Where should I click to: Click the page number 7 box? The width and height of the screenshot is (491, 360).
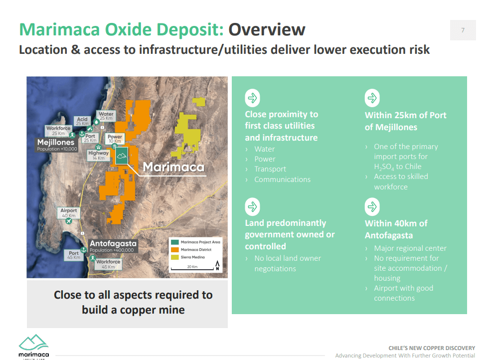coord(463,30)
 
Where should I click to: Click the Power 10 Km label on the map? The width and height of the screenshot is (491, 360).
coord(115,139)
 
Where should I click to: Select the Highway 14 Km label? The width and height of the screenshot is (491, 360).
coord(98,155)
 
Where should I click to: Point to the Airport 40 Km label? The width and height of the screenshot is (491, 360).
coord(69,213)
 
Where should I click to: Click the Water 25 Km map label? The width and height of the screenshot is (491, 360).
coord(106,116)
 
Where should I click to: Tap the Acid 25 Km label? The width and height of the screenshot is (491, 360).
coord(82,121)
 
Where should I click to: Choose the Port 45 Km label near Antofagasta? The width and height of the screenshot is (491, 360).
coord(73,255)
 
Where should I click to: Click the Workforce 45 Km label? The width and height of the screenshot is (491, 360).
coord(108,264)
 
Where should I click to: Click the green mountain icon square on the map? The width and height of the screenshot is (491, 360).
coord(121,156)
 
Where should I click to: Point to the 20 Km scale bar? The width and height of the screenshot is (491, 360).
coord(192,268)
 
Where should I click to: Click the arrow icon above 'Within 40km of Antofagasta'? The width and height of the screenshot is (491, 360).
coord(372,206)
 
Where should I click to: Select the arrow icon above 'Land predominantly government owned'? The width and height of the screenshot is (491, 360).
coord(252,206)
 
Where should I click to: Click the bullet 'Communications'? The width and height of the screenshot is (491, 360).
coord(282,180)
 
